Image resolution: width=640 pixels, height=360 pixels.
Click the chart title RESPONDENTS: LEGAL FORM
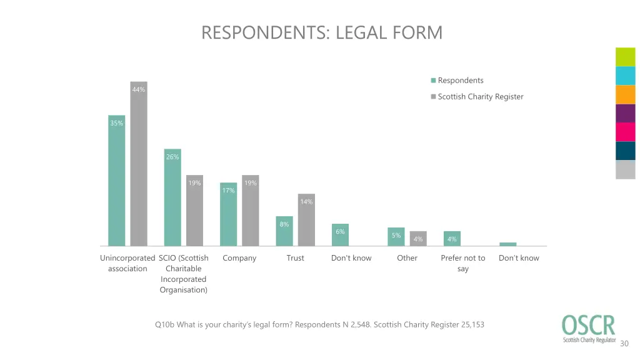tap(321, 32)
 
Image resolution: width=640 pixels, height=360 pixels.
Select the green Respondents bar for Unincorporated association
tap(116, 181)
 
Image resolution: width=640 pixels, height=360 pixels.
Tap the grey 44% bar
tap(138, 164)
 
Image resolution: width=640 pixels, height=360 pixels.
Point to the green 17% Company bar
tap(229, 214)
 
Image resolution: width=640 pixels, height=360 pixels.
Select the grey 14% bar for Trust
tap(306, 220)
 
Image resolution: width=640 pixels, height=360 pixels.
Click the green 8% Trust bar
tap(284, 231)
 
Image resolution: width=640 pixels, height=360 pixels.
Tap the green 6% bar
tap(340, 235)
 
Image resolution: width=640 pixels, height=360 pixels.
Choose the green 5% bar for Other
tap(396, 237)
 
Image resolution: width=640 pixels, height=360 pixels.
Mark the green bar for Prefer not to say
tap(452, 239)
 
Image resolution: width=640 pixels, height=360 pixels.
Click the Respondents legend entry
tap(460, 81)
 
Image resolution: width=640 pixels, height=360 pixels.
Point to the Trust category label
tap(296, 258)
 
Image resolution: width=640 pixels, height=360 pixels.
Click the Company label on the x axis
tap(239, 258)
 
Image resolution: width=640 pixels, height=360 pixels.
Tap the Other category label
tap(407, 258)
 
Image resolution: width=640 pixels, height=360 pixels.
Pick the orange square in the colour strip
tap(625, 94)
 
